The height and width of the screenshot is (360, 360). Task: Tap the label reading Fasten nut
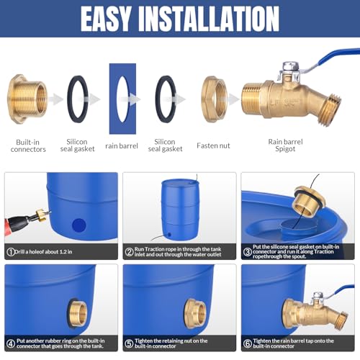click(x=213, y=145)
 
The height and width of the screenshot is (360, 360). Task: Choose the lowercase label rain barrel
click(x=122, y=145)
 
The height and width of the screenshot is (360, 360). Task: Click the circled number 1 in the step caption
click(x=11, y=252)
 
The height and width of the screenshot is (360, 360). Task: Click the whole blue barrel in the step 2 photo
click(x=179, y=209)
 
